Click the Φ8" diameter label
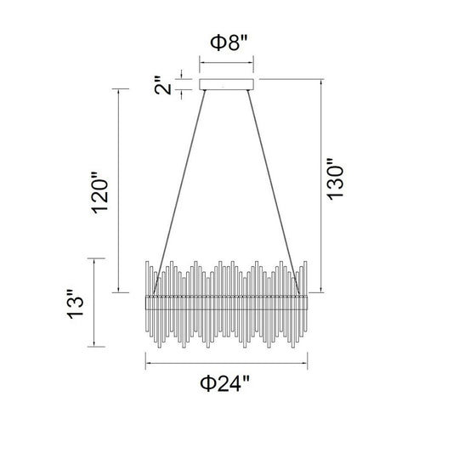(x=229, y=42)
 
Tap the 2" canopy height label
(x=163, y=86)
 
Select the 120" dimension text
(x=100, y=193)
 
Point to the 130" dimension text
(x=335, y=178)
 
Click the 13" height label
(x=76, y=304)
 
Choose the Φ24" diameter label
(x=224, y=383)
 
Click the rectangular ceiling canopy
(x=226, y=84)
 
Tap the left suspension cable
(x=179, y=192)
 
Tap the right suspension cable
(x=274, y=192)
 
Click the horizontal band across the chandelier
(x=226, y=303)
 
